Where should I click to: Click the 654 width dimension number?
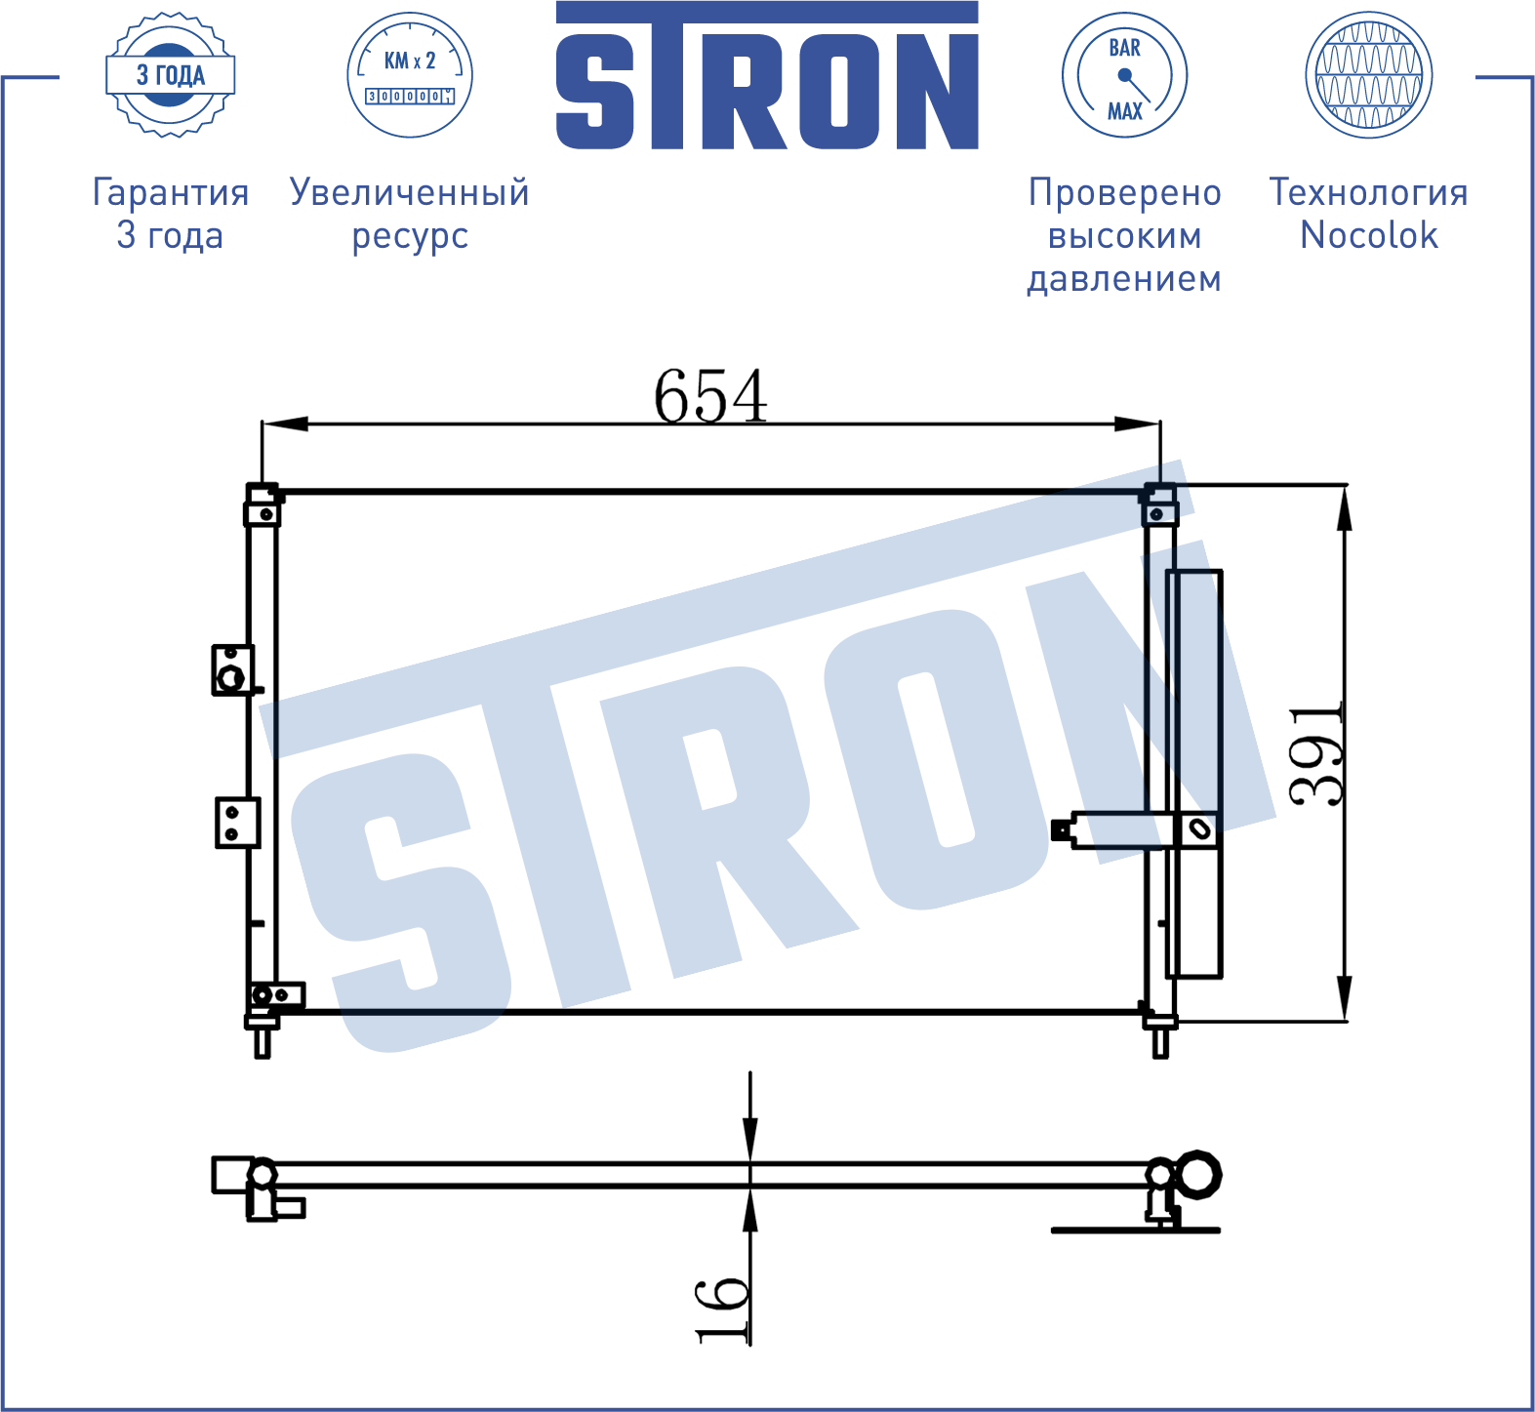coord(710,396)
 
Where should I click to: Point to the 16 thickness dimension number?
coord(722,1310)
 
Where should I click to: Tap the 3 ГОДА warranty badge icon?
coord(171,75)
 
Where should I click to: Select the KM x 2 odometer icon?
coord(410,75)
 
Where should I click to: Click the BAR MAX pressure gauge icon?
coord(1124,75)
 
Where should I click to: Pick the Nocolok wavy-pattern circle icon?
coord(1368,75)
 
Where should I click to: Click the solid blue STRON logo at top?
coord(767,75)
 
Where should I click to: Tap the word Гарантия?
coord(171,192)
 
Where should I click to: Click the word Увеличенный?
coord(410,192)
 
